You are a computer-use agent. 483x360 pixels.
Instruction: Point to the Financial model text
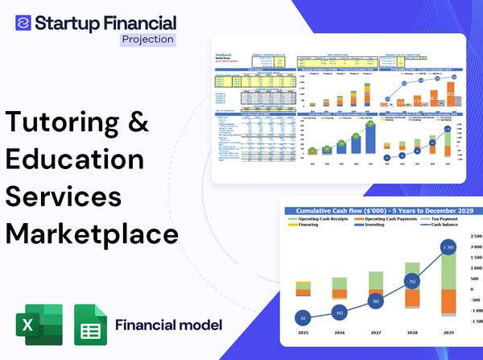coord(168,325)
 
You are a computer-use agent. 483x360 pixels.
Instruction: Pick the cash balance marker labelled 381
coord(375,301)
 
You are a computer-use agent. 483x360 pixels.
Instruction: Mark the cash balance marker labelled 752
coord(411,282)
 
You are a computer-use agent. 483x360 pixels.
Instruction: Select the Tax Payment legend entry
coord(445,219)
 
